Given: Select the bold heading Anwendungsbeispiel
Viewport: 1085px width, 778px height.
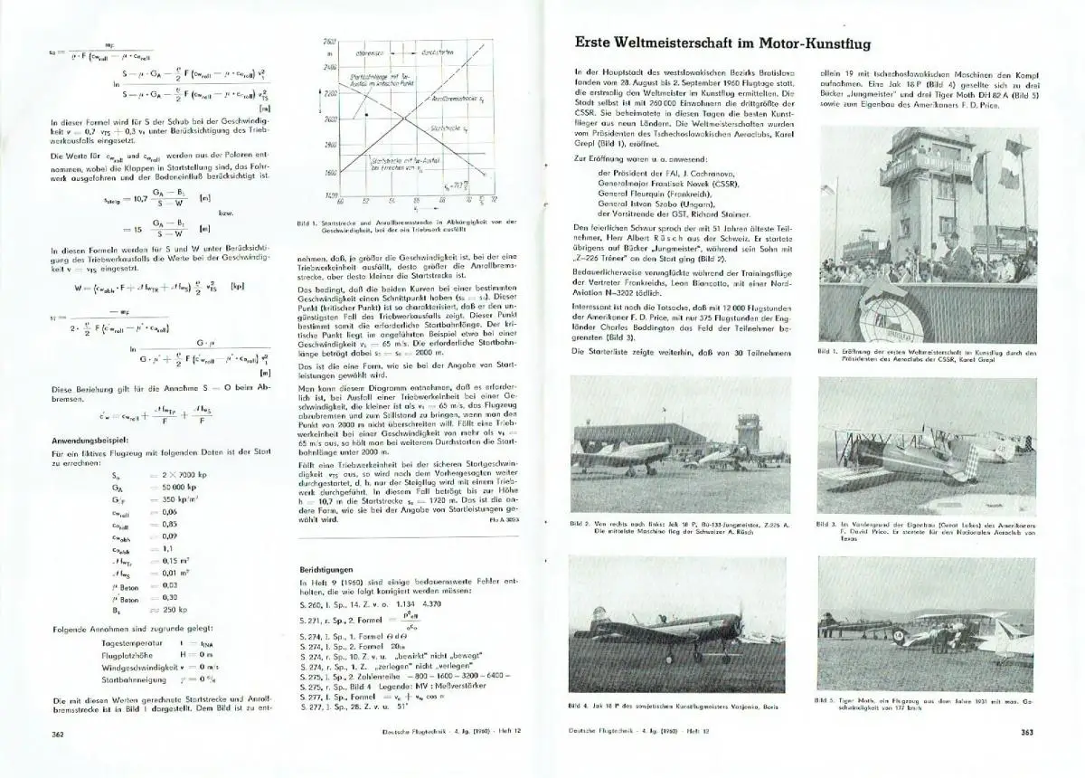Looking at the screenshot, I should [95, 440].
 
